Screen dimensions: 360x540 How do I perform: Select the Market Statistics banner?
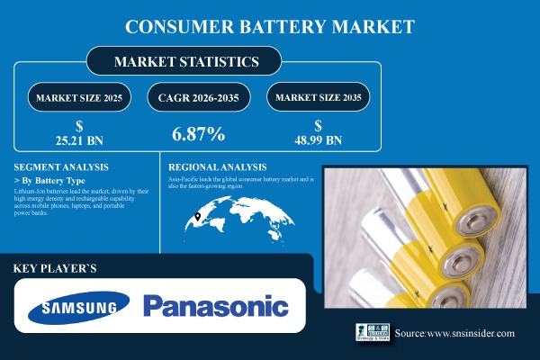pyautogui.click(x=184, y=61)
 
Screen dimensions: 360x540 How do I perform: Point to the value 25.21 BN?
pyautogui.click(x=80, y=140)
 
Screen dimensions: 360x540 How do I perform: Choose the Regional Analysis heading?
pyautogui.click(x=219, y=167)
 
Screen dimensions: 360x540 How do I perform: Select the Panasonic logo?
pyautogui.click(x=216, y=308)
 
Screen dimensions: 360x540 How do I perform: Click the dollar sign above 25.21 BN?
pyautogui.click(x=80, y=125)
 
